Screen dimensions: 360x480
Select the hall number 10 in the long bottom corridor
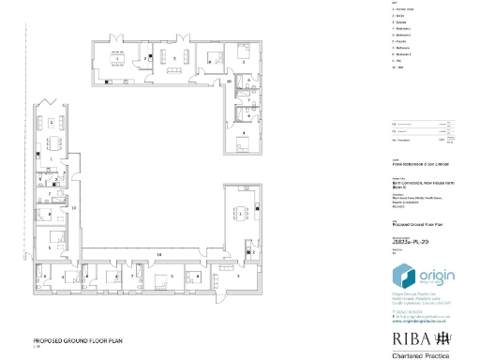[158, 254]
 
